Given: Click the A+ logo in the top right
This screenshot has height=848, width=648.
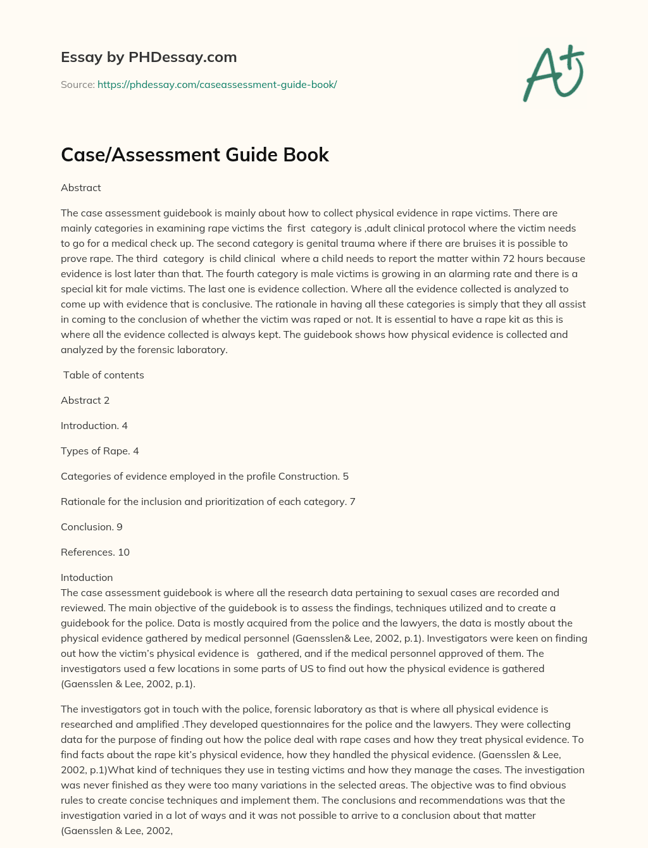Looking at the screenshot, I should point(554,73).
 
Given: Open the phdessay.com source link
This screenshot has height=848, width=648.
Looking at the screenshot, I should point(217,84).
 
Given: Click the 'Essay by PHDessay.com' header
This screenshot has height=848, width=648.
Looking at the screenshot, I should point(149,57).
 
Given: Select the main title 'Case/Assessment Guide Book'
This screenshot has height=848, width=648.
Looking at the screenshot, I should point(195,154).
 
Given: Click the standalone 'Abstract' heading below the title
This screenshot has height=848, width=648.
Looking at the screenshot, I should point(80,187).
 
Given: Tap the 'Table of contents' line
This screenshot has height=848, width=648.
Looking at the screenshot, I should point(103,375).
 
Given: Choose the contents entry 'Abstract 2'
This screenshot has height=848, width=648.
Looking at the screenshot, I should point(85,400).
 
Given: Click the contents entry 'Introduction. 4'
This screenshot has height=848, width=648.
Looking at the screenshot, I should point(94,425).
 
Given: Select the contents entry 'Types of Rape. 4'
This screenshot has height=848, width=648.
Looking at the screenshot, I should point(99,451).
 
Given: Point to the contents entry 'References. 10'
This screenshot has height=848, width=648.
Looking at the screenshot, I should point(95,552).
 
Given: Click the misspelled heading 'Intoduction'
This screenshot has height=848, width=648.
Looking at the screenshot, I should point(87,577).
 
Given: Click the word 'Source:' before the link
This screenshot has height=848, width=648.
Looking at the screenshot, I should point(77,84).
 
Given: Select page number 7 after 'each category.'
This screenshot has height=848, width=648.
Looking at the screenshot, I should point(352,501).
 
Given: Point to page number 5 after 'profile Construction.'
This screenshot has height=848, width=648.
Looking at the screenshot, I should point(346,476).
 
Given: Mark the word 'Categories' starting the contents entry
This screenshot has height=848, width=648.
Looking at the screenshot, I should point(85,476).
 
